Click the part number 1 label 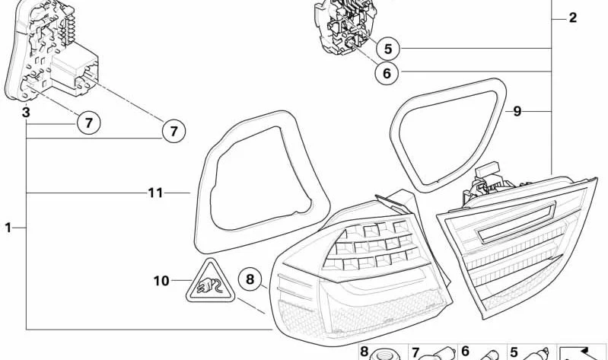coord(8,227)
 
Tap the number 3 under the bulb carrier coord(25,112)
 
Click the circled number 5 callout coord(387,49)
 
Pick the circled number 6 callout coord(387,73)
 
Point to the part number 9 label coord(517,111)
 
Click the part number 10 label coord(161,281)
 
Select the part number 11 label coord(155,193)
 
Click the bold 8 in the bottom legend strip coord(364,352)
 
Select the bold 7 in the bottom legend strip coord(415,352)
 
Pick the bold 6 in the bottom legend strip coord(465,352)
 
